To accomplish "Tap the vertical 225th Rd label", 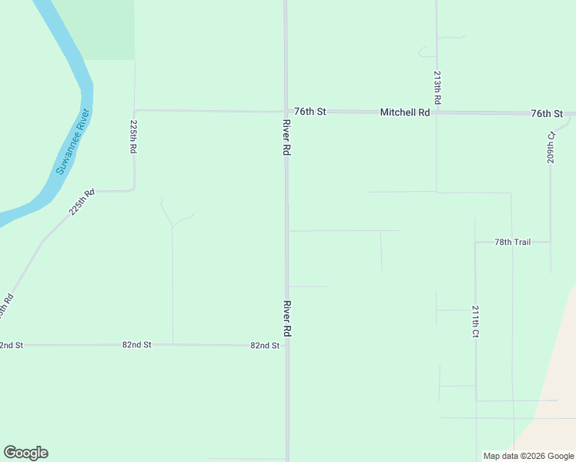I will click(x=133, y=136).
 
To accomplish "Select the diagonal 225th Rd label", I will click(x=81, y=201).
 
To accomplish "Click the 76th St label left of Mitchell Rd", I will click(x=310, y=112).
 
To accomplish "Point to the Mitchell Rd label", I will click(x=404, y=112).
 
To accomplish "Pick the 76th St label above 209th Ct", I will click(x=546, y=113).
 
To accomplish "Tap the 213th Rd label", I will click(x=437, y=89).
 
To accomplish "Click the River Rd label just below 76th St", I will click(x=286, y=139).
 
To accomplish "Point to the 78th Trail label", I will click(x=513, y=242).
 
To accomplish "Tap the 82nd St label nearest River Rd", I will click(x=264, y=346).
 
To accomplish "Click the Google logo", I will click(x=25, y=453).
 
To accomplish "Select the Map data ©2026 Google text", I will click(x=529, y=456).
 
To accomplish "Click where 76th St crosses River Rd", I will click(x=286, y=112).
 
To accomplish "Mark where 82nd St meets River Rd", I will click(x=286, y=346).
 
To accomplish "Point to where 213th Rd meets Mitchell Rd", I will click(x=437, y=112).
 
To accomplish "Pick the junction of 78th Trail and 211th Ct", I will click(x=475, y=242).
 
